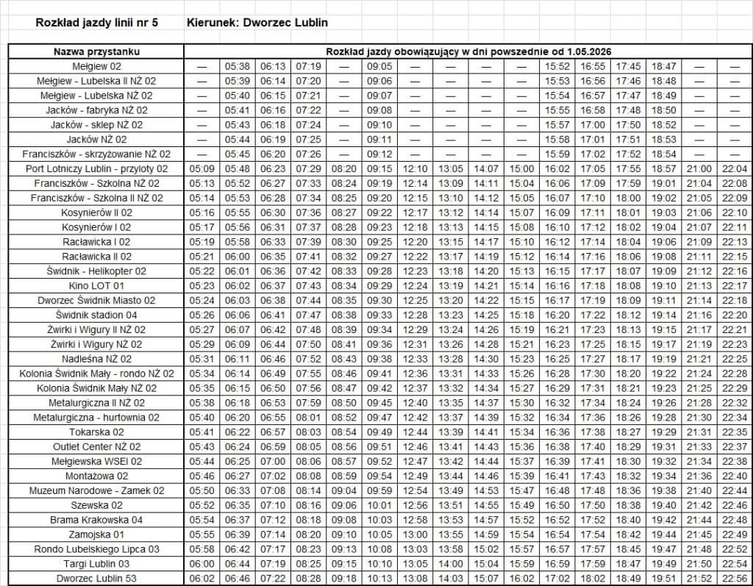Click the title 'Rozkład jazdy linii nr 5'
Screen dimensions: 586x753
(96, 23)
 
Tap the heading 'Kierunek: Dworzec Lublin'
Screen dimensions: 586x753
(258, 23)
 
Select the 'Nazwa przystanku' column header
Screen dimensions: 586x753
(96, 51)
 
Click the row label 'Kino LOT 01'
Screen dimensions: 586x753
(96, 285)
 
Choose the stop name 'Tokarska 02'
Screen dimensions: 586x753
(96, 432)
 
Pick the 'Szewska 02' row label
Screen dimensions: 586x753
(96, 505)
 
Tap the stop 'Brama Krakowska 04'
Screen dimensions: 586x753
(96, 520)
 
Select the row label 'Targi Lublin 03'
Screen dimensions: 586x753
(96, 563)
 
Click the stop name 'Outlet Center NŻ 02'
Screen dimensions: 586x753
(96, 446)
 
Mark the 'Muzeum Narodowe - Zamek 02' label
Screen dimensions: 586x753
(96, 490)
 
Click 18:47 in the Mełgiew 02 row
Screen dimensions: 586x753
(664, 66)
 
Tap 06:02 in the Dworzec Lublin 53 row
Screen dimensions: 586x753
(201, 578)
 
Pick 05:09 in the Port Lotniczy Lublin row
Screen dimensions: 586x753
(201, 168)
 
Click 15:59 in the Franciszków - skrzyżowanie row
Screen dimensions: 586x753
(557, 154)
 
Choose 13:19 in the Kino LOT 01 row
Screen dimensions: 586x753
(451, 285)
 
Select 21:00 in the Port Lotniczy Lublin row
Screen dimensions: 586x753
(699, 168)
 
